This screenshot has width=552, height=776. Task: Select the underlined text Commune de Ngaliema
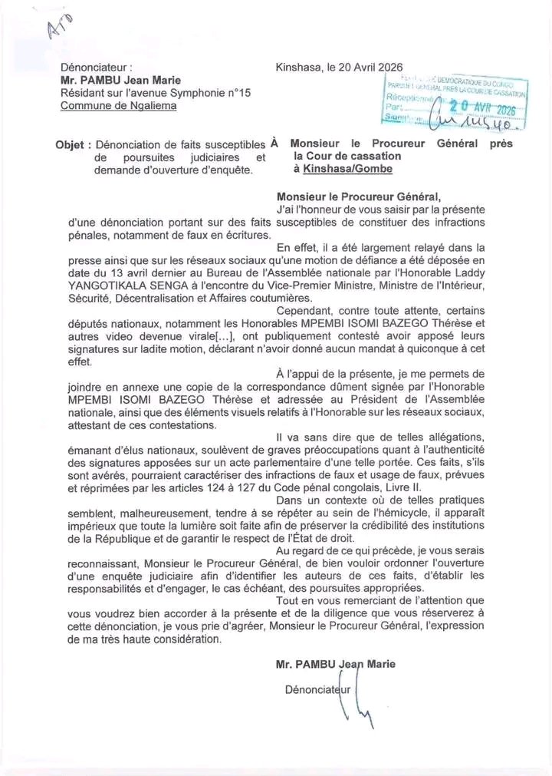click(x=118, y=105)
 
